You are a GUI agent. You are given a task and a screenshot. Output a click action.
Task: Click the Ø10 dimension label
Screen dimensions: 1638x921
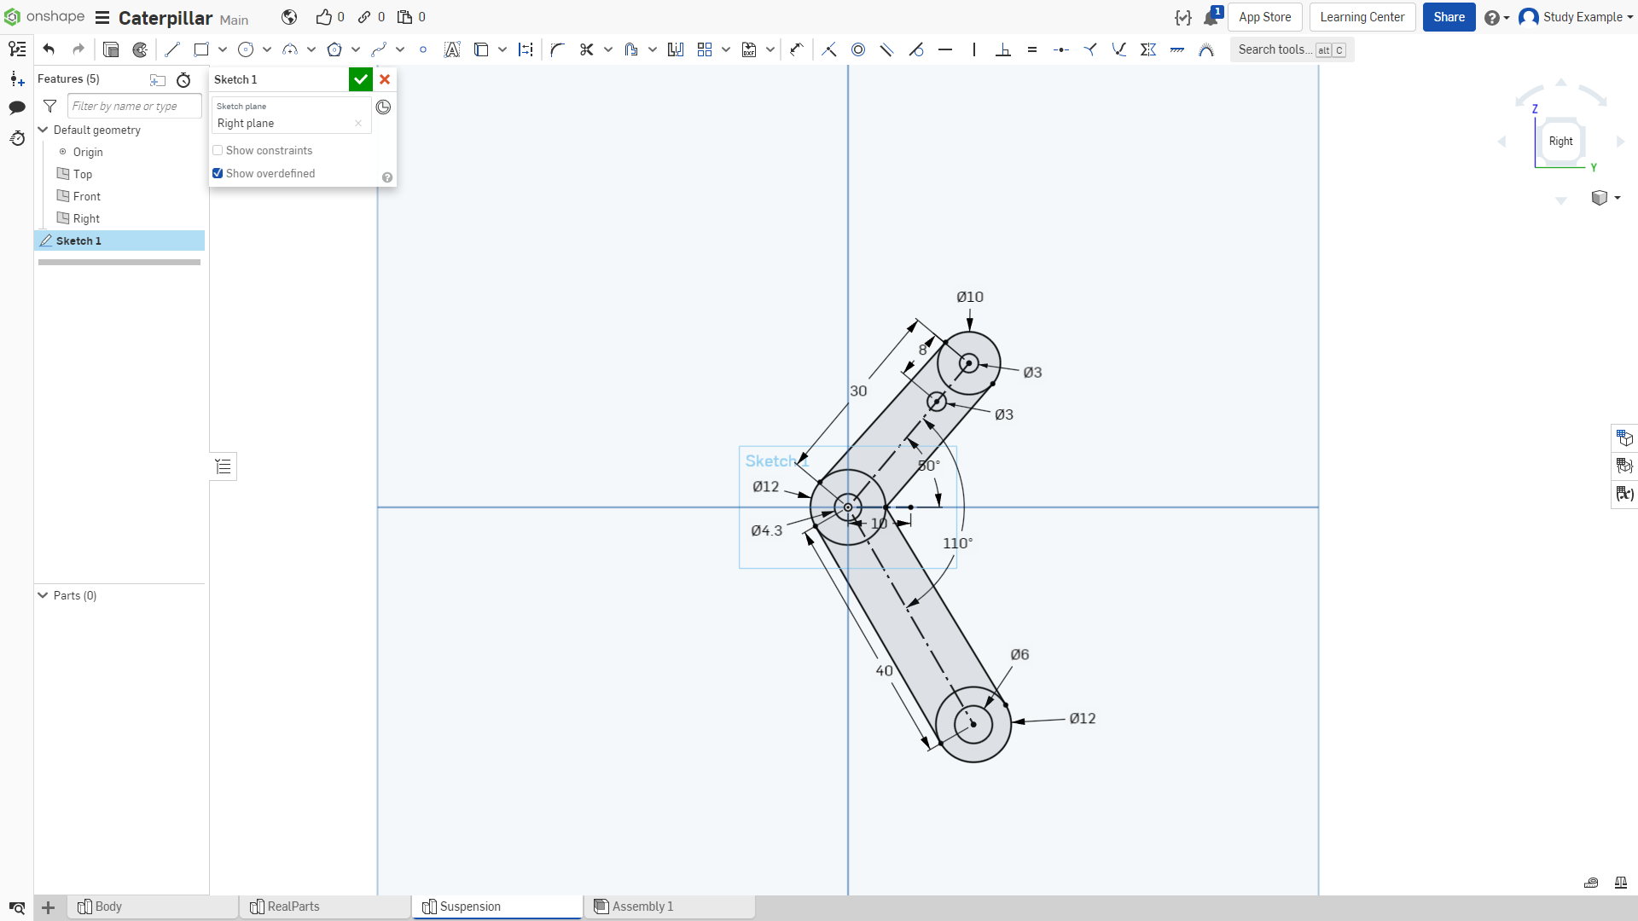coord(970,297)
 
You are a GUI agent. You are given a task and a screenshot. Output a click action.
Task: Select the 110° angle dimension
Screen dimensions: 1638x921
coord(957,543)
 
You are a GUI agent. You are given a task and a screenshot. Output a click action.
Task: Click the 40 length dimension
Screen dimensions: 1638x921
coord(884,671)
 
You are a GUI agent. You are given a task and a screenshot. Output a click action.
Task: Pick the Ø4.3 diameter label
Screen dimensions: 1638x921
coord(766,530)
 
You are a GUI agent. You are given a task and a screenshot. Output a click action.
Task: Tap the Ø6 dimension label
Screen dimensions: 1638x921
coord(1019,654)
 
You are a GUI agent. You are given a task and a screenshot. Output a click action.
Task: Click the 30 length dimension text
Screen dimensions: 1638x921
coord(858,391)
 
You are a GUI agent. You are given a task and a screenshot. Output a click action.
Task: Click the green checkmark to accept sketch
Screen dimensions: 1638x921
coord(361,79)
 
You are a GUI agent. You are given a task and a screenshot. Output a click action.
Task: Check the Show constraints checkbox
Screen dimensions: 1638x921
coord(218,150)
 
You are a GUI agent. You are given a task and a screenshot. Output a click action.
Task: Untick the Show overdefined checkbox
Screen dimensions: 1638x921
coord(218,173)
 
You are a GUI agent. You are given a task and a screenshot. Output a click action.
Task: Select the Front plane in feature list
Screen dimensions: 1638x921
coord(86,196)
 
